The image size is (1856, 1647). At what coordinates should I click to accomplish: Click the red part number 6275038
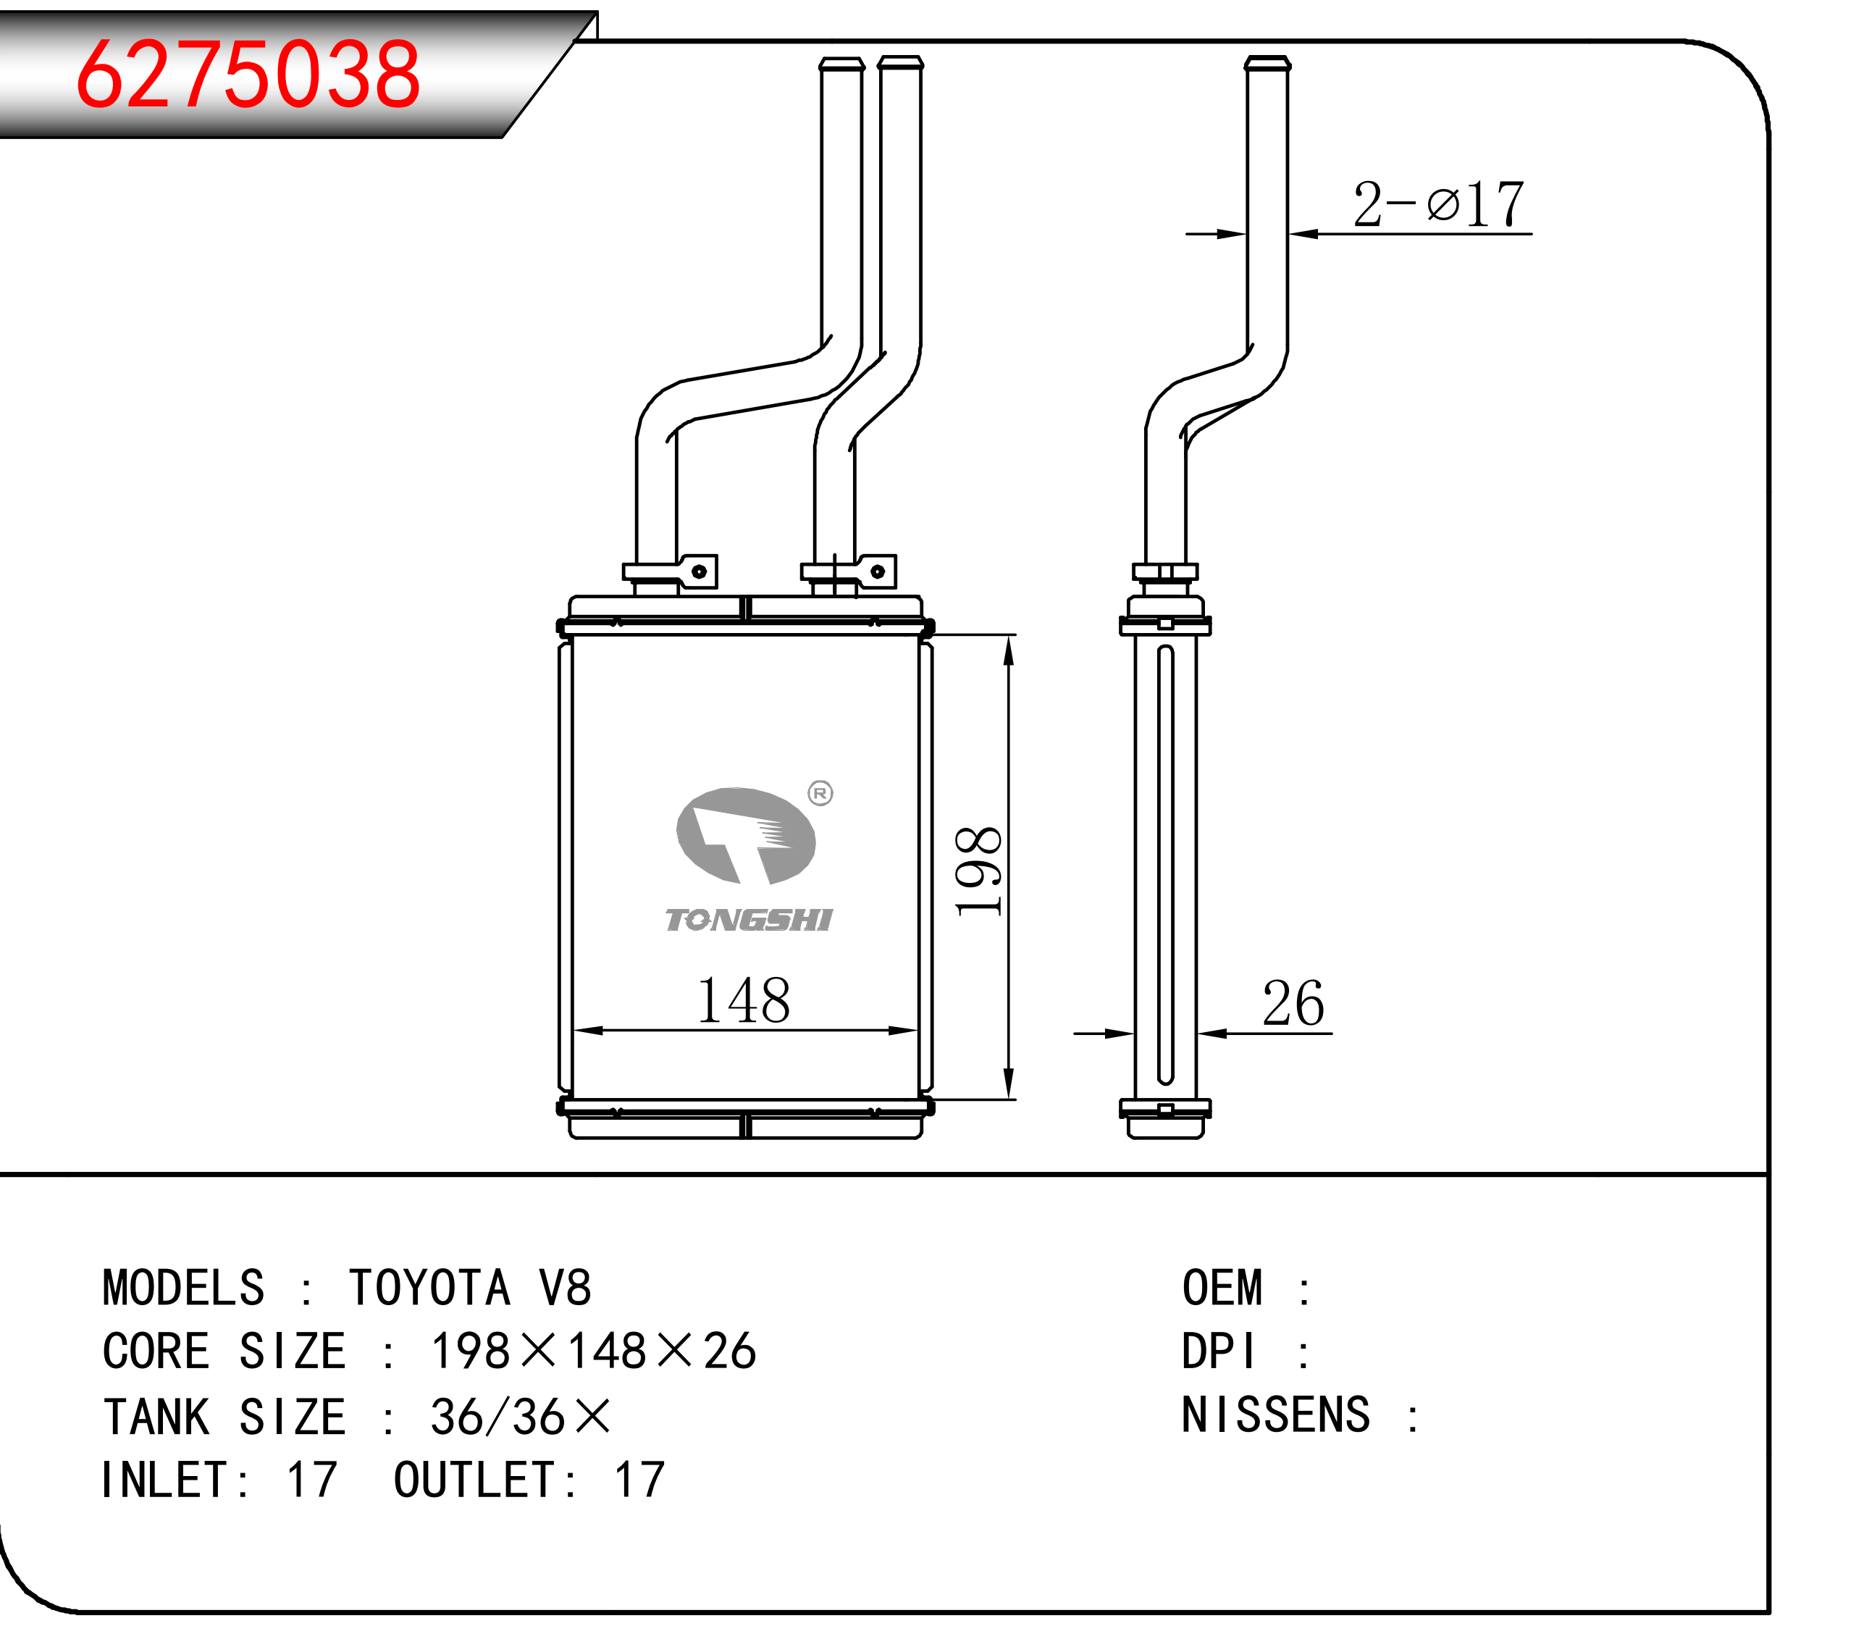(248, 75)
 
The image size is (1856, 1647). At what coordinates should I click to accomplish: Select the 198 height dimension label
(979, 871)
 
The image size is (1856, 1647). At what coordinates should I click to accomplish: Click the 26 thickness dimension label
(1293, 1003)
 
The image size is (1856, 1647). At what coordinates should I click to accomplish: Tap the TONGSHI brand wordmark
(748, 921)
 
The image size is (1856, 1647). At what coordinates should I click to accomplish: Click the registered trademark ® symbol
(820, 794)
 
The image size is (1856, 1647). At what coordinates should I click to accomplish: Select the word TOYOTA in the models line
(430, 1288)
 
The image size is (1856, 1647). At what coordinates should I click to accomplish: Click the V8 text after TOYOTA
(565, 1288)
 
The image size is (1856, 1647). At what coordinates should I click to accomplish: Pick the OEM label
(1222, 1288)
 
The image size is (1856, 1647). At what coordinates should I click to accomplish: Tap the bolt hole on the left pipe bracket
(700, 571)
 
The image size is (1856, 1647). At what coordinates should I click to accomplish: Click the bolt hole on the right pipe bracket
(877, 571)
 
